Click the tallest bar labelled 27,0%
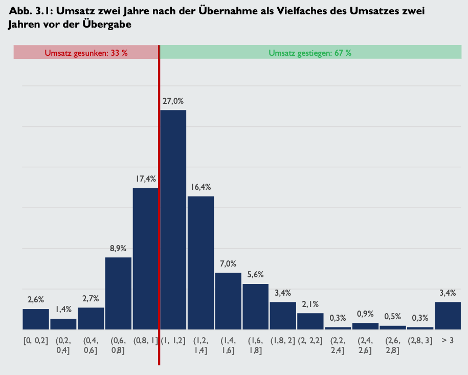173,220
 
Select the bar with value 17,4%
146,258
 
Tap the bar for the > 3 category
448,316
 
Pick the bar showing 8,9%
118,293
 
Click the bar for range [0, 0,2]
36,319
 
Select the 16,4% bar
200,262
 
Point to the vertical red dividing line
159,205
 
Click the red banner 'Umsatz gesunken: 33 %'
86,52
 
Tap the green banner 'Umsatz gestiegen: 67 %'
310,52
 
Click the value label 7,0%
228,264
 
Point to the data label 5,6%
255,275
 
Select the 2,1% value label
310,304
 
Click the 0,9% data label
365,314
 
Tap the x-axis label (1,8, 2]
283,340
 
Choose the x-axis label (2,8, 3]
420,340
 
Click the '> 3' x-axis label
448,340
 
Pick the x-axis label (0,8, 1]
146,340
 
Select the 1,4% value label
63,310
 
